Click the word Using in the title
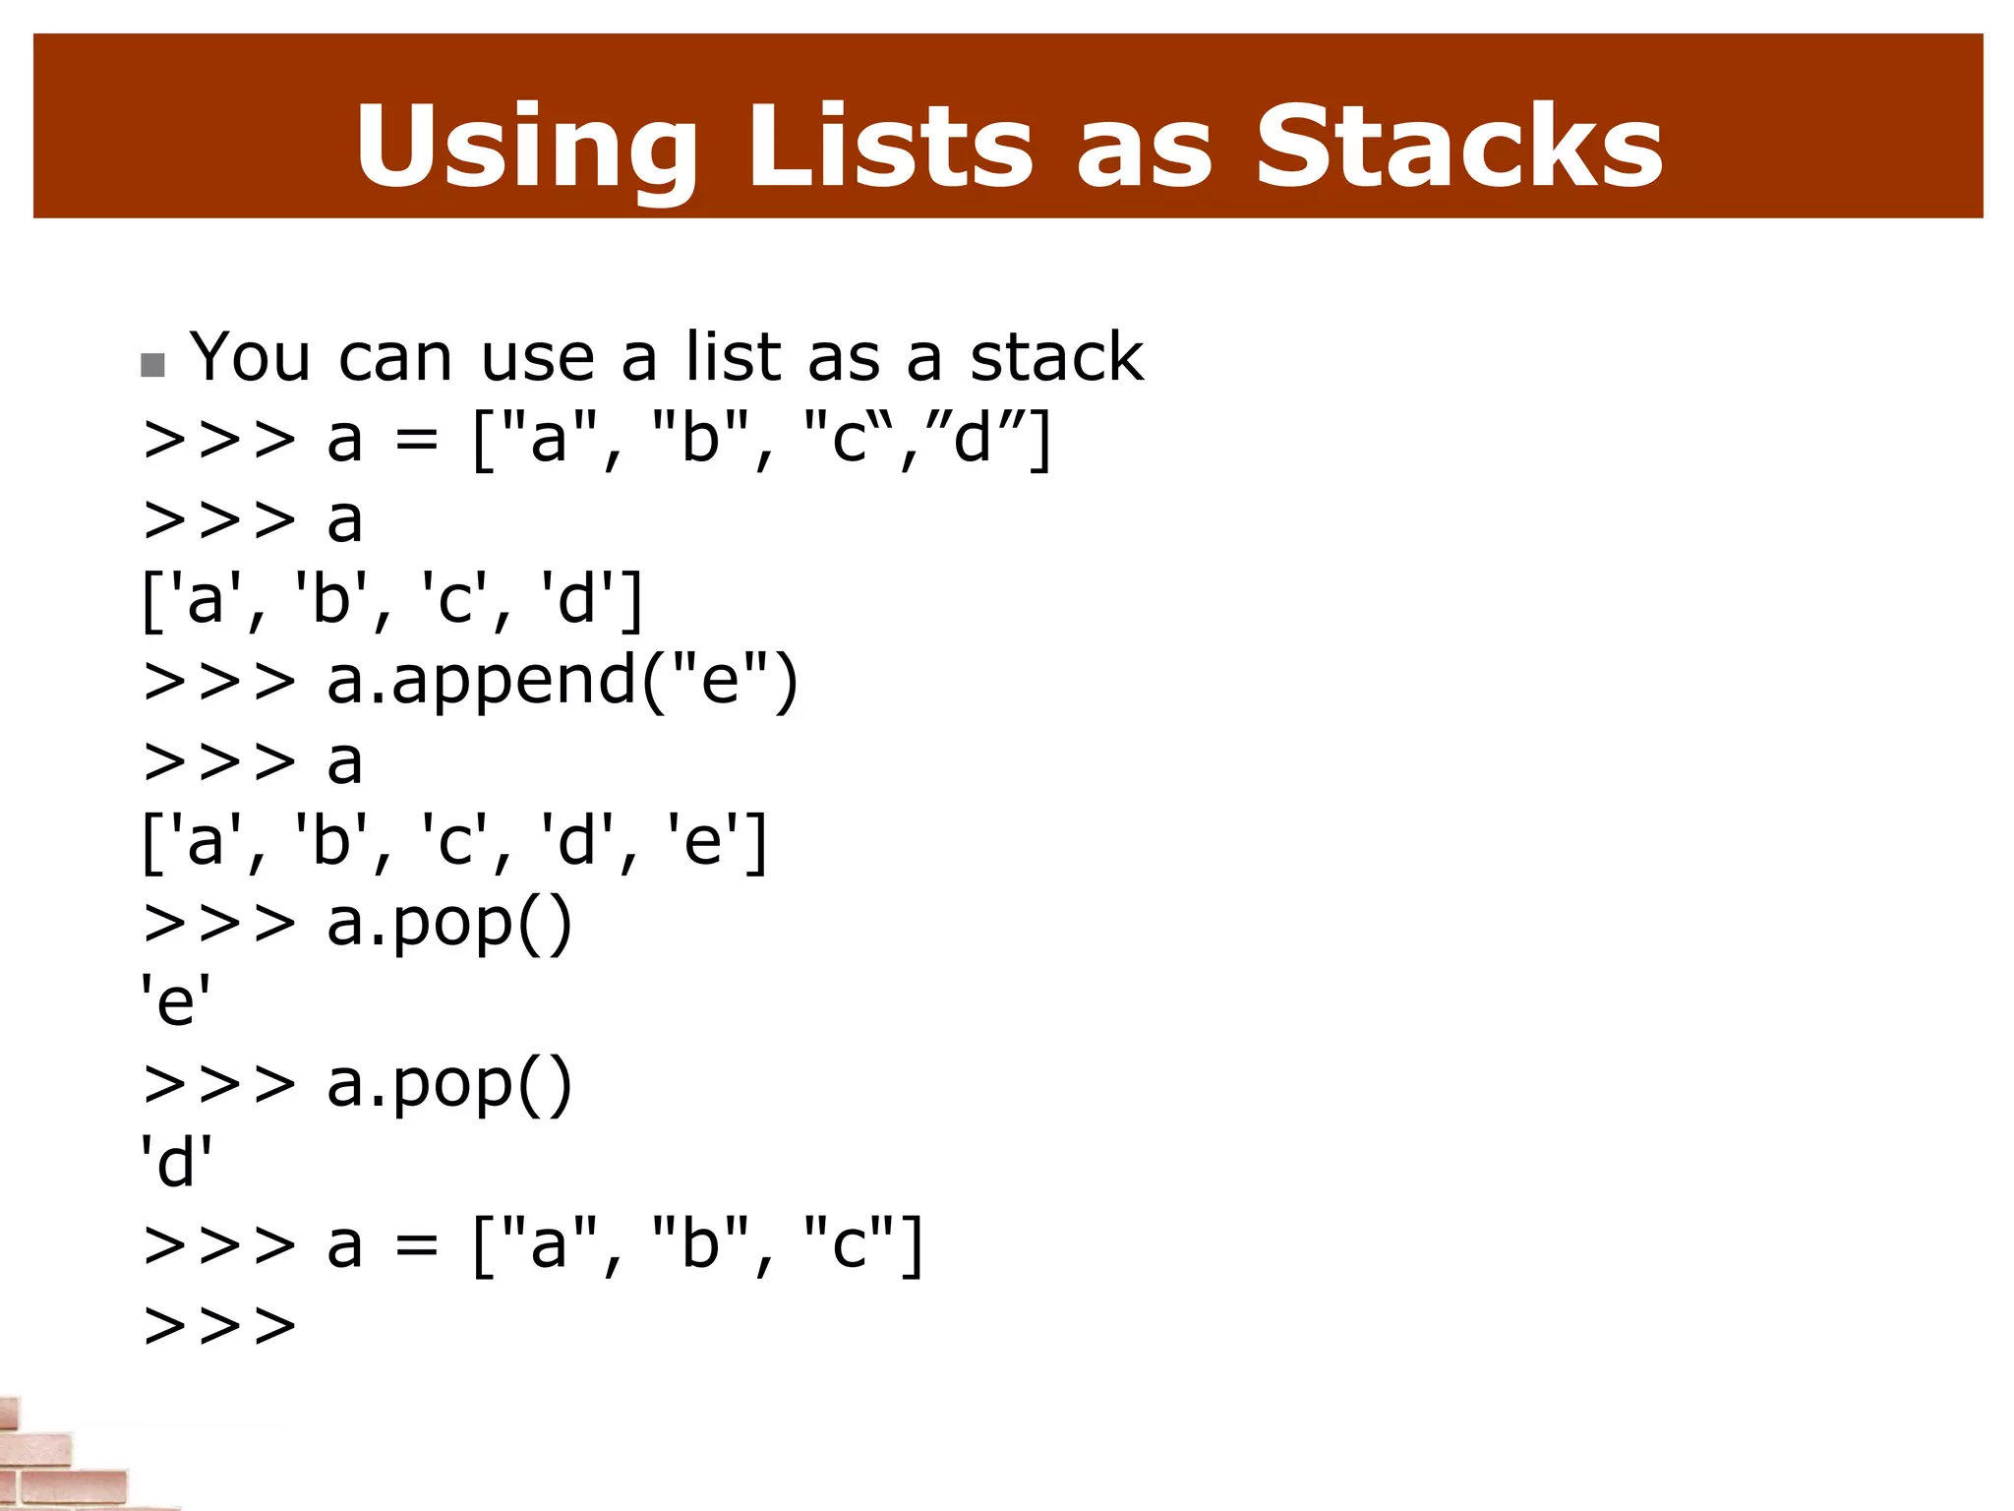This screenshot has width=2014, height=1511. [x=526, y=148]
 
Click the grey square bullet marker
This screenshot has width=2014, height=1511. [x=152, y=366]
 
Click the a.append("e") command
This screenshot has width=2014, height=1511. [x=562, y=682]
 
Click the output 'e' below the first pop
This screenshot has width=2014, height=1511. [x=176, y=1002]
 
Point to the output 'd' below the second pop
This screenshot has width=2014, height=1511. [x=176, y=1164]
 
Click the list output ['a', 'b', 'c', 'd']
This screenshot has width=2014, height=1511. [x=392, y=600]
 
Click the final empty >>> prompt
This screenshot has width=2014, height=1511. [x=219, y=1326]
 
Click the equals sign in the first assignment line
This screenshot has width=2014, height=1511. [x=416, y=440]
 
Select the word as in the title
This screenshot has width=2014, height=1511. [x=1144, y=148]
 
